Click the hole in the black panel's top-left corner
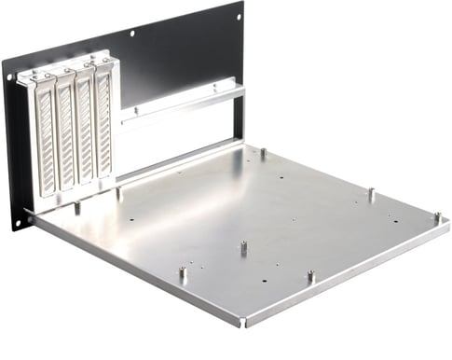click(11, 77)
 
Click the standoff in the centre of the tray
click(242, 248)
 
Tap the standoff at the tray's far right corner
click(436, 217)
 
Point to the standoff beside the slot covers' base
click(118, 193)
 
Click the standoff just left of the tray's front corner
click(184, 274)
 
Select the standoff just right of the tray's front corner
click(310, 277)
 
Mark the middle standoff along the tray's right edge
click(370, 194)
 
